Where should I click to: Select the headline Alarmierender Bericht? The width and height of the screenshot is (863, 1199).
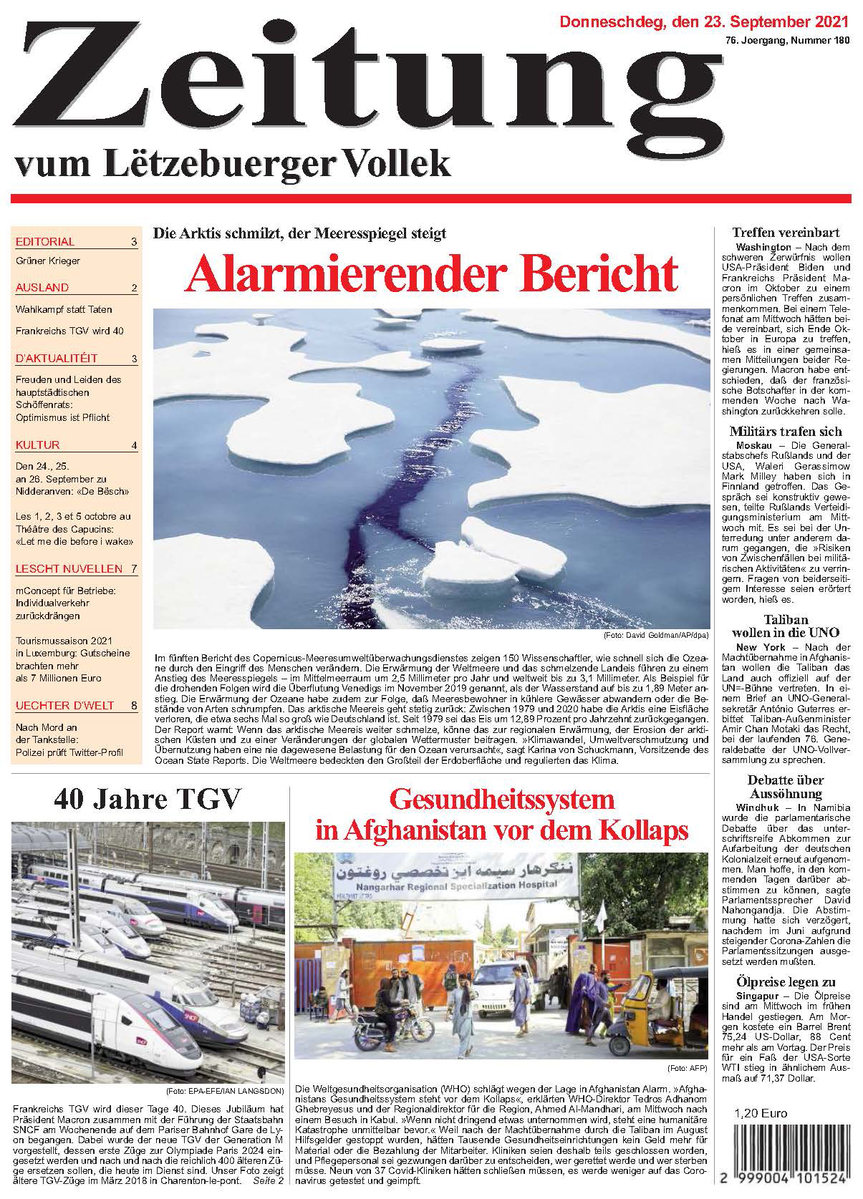(x=431, y=273)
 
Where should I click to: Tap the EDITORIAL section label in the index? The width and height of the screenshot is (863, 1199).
(x=44, y=242)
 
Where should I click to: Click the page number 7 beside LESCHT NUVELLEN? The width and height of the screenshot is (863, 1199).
(x=134, y=569)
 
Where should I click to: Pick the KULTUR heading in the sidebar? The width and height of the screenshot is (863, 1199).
(x=37, y=445)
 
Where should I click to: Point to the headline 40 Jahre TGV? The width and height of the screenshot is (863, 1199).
(x=148, y=797)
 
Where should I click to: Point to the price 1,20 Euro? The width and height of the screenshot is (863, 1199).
(x=760, y=1113)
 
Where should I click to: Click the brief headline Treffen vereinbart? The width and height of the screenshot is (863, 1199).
(x=786, y=233)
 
